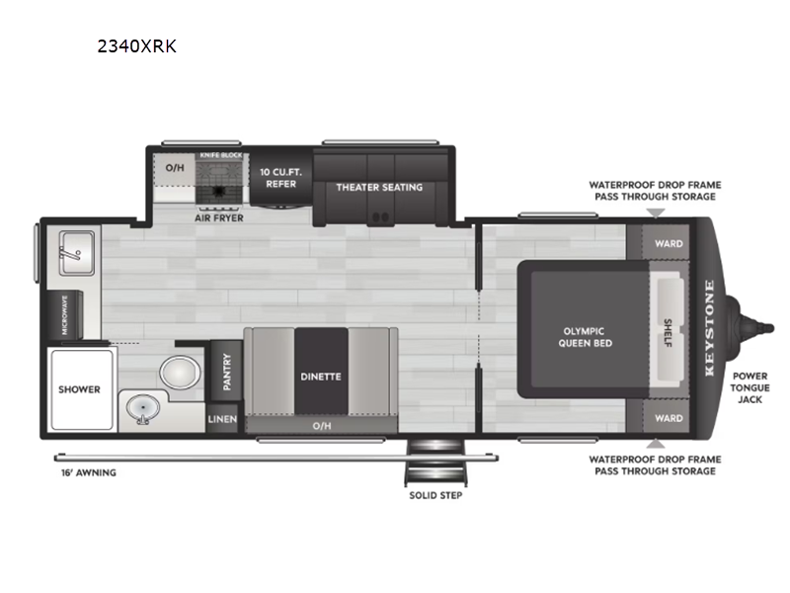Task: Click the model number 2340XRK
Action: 136,46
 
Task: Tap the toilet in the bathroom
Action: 180,373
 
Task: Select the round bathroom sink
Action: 143,408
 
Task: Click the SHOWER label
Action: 79,389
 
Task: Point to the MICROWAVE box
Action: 65,314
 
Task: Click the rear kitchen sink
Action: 77,253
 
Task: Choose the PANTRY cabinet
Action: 227,372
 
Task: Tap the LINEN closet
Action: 222,418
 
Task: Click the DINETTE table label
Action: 321,377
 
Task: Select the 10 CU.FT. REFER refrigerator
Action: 281,178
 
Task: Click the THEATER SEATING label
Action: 379,187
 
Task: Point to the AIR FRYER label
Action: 219,217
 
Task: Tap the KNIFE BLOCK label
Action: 221,155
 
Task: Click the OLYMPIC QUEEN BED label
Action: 585,337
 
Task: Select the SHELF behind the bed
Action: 669,332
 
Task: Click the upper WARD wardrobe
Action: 669,243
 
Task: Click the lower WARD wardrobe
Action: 669,418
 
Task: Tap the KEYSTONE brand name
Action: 709,328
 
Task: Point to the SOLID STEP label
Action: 435,495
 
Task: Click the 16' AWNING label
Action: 89,472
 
